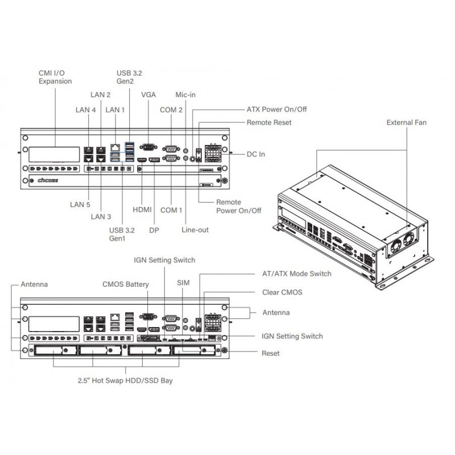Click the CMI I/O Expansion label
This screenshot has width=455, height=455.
(x=55, y=77)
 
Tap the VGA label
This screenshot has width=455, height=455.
(x=148, y=94)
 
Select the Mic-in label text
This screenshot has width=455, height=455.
(x=185, y=94)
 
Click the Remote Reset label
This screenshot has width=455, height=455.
(x=269, y=122)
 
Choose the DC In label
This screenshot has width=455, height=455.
(x=255, y=154)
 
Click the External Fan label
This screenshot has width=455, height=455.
(x=406, y=122)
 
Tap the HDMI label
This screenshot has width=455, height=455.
(x=142, y=210)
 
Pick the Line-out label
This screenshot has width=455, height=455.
(x=196, y=230)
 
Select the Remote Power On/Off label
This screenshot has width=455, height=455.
(x=239, y=206)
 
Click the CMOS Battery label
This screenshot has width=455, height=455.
(x=126, y=284)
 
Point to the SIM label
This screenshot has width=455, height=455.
(x=183, y=283)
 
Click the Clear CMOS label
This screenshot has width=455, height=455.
(x=282, y=292)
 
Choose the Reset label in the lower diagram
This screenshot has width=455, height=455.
(x=271, y=353)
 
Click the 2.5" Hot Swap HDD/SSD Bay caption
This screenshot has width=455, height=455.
(x=125, y=380)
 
